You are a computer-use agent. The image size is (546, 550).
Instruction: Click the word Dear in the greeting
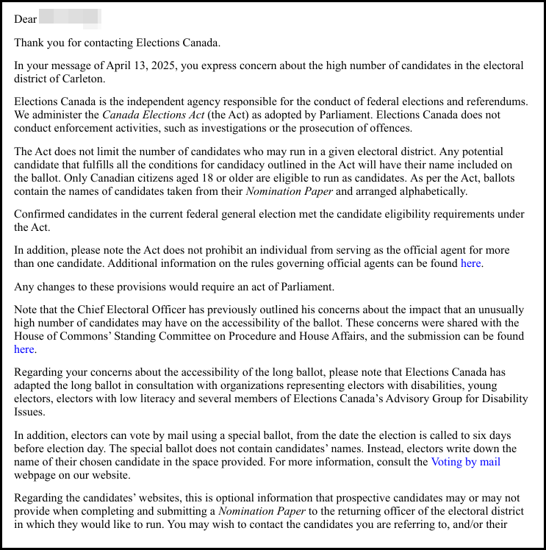(25, 19)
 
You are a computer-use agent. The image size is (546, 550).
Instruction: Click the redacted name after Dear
(69, 18)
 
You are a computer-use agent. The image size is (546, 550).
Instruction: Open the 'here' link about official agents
(472, 263)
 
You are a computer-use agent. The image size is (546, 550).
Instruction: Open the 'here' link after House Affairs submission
(24, 349)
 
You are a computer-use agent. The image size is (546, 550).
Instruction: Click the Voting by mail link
(465, 462)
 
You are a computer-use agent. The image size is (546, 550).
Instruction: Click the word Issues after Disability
(32, 412)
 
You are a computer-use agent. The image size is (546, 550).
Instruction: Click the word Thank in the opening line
(29, 43)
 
